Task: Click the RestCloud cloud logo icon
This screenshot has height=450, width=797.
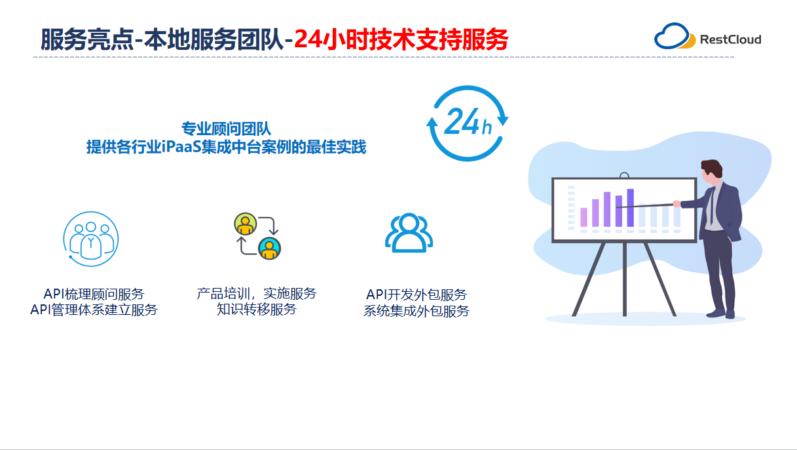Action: [675, 37]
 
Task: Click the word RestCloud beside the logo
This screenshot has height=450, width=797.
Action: [730, 39]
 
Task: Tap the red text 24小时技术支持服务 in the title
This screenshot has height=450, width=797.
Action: [401, 39]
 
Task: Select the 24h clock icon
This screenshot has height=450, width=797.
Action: [468, 123]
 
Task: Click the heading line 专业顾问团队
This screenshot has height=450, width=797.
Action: [226, 129]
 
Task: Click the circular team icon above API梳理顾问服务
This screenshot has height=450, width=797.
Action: [90, 238]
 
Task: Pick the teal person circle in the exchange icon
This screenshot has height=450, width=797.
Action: [269, 248]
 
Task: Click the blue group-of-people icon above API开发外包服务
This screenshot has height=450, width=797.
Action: [409, 234]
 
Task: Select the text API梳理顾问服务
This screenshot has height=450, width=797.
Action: [94, 294]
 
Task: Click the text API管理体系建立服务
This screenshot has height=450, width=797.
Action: [94, 310]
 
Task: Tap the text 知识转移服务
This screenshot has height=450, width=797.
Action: [256, 309]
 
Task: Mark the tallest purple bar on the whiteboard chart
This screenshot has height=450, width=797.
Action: [630, 208]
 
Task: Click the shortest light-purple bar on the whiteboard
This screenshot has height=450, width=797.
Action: [584, 217]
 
